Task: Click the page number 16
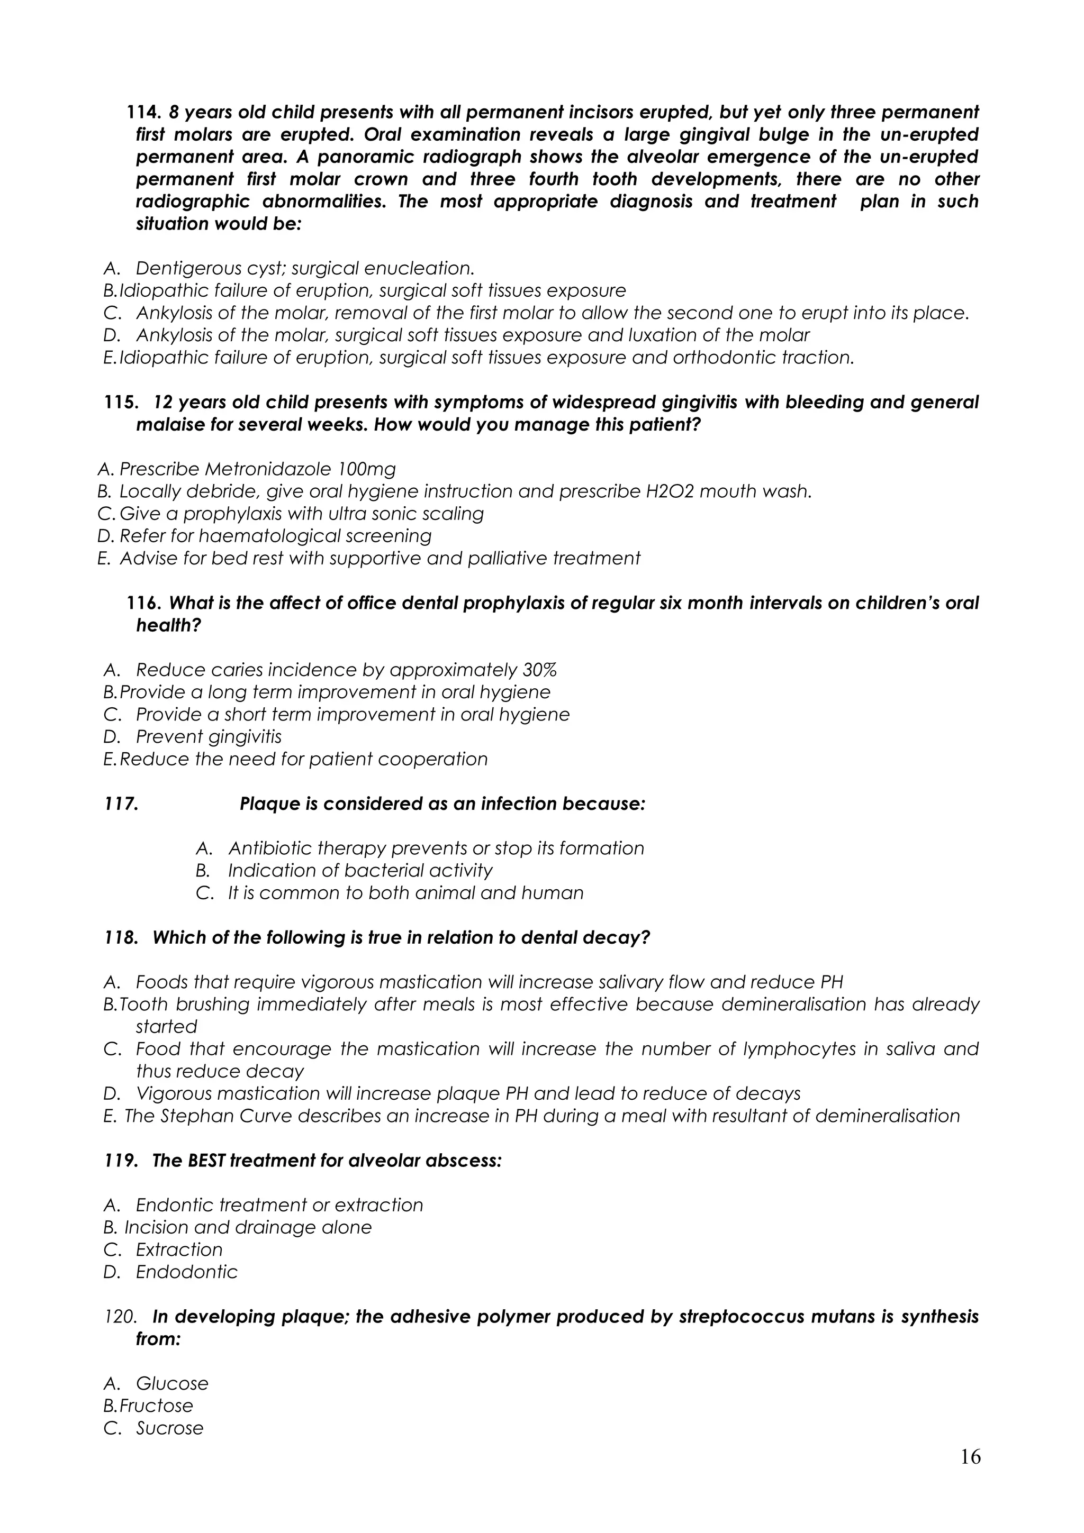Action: click(970, 1456)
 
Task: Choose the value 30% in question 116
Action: click(538, 670)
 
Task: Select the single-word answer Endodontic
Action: click(186, 1272)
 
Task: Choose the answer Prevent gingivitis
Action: click(209, 736)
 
